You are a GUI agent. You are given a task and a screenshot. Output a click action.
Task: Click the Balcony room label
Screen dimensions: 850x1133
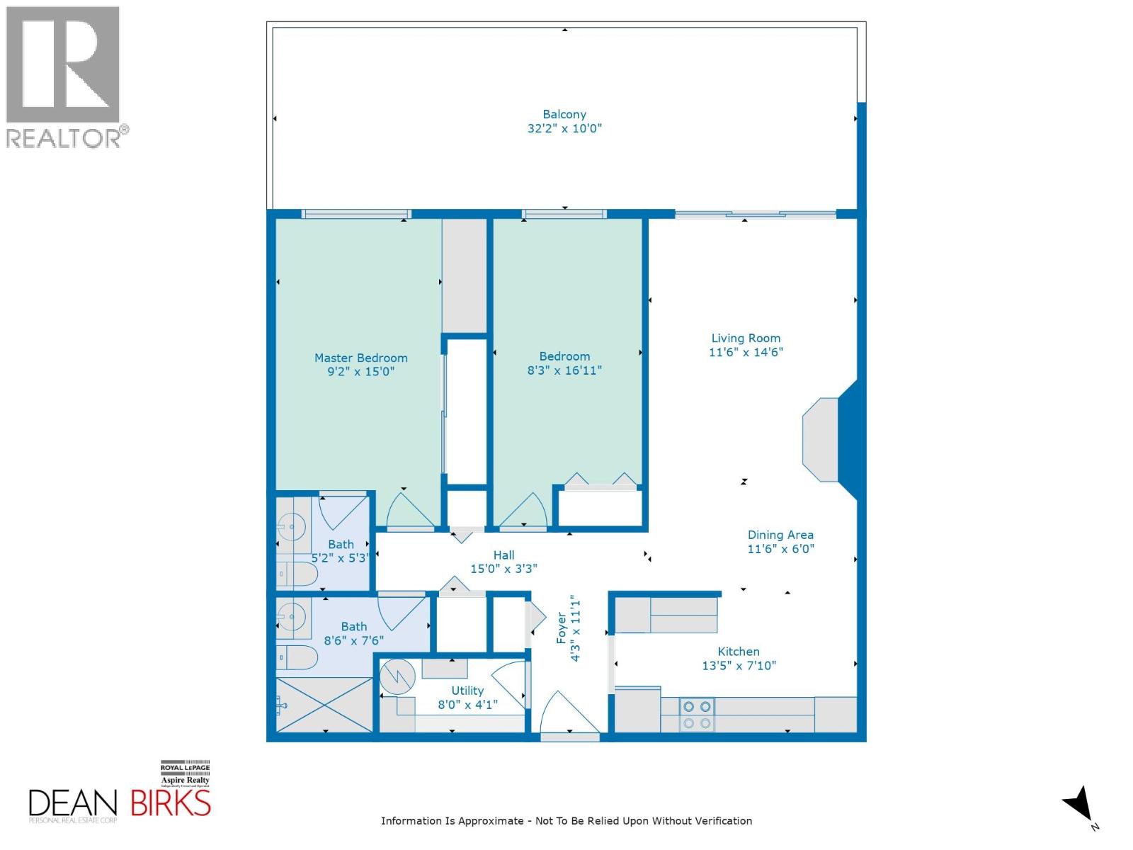click(x=564, y=114)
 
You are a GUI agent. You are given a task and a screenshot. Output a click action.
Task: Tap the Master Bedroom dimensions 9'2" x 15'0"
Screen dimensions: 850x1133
click(x=360, y=371)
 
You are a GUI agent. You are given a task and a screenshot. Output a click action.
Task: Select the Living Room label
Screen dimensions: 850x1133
click(x=746, y=339)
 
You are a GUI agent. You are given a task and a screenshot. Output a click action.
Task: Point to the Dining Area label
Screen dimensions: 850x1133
click(x=780, y=535)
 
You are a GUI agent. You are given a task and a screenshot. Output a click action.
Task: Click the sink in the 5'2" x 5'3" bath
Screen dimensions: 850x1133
click(x=291, y=526)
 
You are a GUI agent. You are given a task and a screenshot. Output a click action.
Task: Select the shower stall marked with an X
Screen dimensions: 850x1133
click(x=324, y=705)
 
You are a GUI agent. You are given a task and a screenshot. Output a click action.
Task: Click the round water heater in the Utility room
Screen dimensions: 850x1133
click(x=397, y=678)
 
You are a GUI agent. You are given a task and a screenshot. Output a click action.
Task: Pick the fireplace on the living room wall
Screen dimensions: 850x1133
click(x=821, y=440)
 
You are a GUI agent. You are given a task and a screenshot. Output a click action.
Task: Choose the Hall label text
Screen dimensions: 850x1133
click(x=503, y=555)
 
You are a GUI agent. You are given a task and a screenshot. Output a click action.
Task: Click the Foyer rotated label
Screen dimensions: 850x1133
click(x=562, y=628)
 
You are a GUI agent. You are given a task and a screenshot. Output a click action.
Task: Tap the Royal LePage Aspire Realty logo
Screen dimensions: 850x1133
click(x=185, y=774)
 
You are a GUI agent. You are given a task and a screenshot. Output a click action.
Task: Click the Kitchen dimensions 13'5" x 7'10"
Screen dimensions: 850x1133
click(x=739, y=666)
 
